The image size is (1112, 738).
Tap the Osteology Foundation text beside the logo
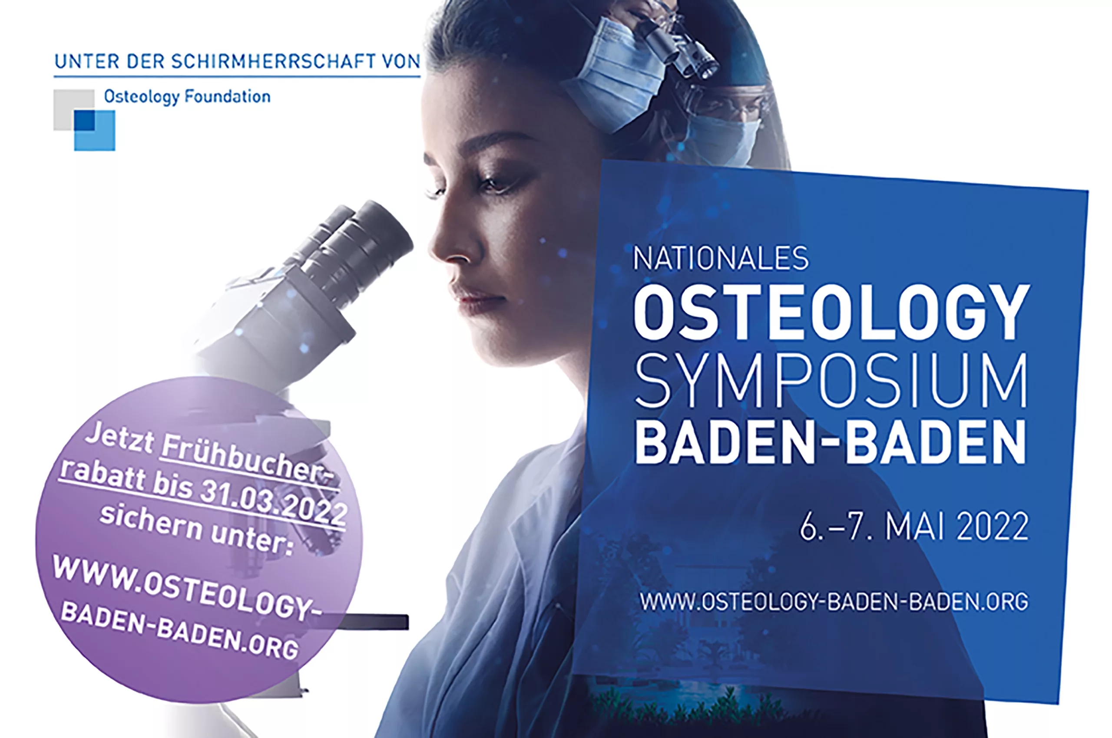point(187,97)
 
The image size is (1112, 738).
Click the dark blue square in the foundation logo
point(84,120)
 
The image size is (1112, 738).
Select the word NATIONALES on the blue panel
point(721,258)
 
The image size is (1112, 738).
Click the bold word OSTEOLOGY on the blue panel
point(831,312)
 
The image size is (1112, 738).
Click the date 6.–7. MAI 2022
point(914,527)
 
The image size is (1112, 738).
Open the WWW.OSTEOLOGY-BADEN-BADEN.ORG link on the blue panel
point(834,602)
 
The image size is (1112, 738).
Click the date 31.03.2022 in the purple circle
point(274,503)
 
